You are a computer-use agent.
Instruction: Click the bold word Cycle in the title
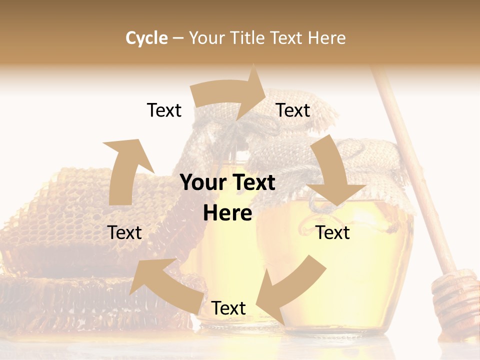point(146,38)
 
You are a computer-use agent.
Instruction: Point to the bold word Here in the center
point(227,213)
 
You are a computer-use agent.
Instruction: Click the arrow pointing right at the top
point(230,94)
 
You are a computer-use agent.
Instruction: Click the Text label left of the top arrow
point(164,110)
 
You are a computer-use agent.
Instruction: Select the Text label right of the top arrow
point(293,110)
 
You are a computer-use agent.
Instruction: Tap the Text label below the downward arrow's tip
point(333,232)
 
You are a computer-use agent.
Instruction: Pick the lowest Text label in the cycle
point(228,308)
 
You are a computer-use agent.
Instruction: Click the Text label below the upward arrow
point(124,232)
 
